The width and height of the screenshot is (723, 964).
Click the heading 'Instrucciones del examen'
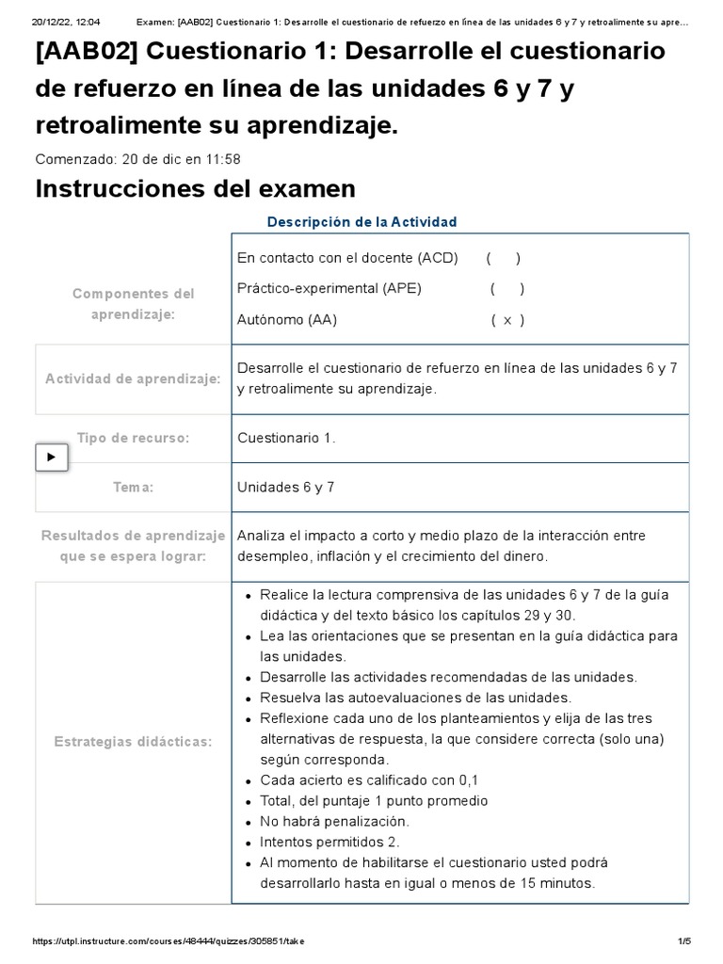click(195, 189)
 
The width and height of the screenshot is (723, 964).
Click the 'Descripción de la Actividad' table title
click(362, 222)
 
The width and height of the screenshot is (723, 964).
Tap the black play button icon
click(51, 458)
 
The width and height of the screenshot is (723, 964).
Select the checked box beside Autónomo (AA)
click(507, 320)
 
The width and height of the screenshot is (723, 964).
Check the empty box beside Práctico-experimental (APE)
click(507, 289)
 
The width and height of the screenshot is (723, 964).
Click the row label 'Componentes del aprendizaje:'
click(133, 304)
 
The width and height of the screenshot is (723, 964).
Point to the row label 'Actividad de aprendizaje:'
click(133, 379)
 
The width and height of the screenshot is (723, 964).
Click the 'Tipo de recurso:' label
click(133, 438)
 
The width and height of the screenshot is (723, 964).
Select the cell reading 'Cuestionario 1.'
click(286, 438)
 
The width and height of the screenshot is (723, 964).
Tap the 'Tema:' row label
click(133, 487)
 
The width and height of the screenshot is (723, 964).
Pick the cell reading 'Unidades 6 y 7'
click(285, 487)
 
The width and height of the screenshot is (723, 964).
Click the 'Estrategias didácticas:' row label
click(133, 742)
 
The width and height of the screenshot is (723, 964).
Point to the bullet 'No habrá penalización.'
click(335, 821)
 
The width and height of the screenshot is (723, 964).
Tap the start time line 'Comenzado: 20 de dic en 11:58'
click(137, 159)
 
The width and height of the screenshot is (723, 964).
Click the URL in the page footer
click(169, 941)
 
